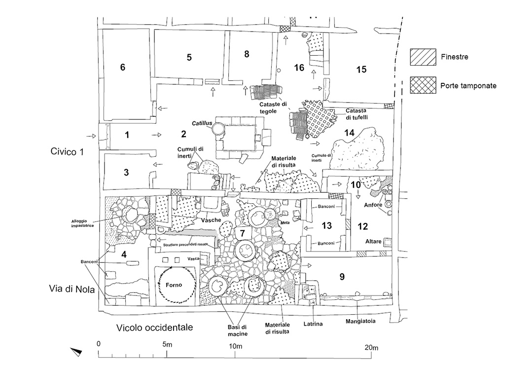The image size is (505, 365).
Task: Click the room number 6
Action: click(123, 68)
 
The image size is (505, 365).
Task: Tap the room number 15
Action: click(361, 70)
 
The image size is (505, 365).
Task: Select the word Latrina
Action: click(314, 324)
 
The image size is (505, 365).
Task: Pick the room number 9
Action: click(341, 277)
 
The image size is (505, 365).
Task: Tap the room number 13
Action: click(326, 226)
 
